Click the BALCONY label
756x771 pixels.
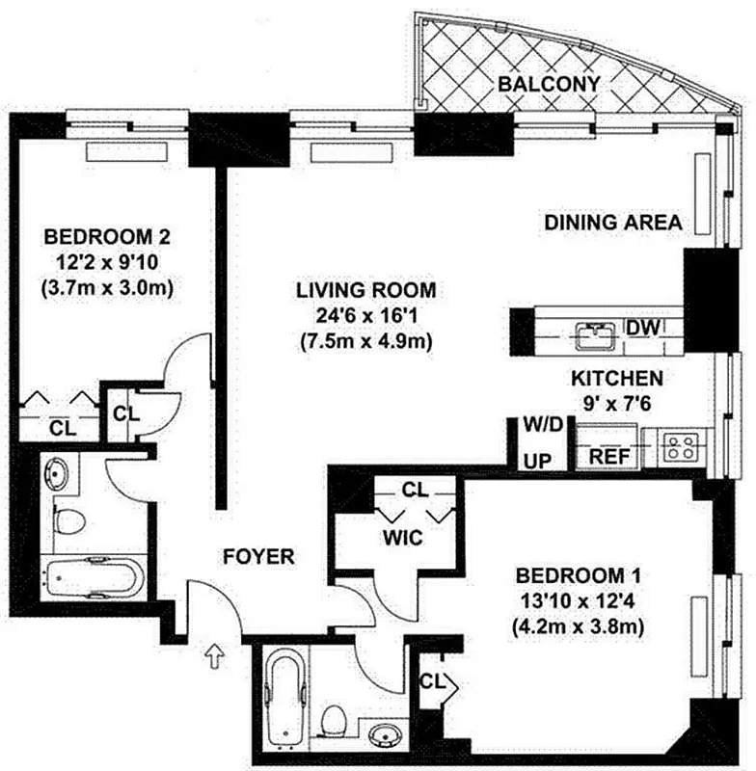click(549, 84)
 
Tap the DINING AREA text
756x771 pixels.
click(613, 223)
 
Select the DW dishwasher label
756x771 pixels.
click(642, 328)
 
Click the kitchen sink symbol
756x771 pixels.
click(596, 334)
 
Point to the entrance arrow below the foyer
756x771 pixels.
click(214, 656)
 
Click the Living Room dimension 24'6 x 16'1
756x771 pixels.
click(365, 314)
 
